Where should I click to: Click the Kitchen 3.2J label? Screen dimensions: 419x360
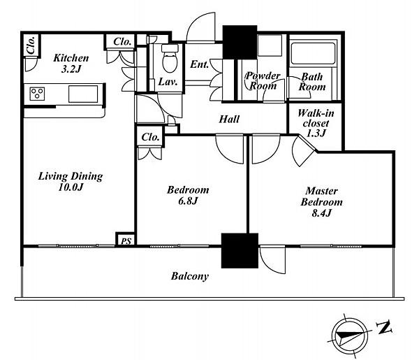click(71, 64)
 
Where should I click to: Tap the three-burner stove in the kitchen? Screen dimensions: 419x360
click(37, 94)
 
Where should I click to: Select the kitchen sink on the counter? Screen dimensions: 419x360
click(83, 94)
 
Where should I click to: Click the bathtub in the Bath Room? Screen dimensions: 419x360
click(313, 53)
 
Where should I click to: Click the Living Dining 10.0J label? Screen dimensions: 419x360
click(71, 182)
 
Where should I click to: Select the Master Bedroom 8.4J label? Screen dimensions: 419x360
click(321, 202)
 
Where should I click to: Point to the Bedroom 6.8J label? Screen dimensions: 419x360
click(188, 195)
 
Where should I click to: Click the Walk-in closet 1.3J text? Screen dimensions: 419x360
click(316, 123)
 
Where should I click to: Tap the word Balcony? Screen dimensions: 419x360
click(190, 276)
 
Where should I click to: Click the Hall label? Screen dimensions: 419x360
click(229, 119)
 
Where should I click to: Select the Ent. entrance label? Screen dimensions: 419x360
click(199, 64)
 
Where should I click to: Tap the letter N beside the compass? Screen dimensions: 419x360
click(384, 327)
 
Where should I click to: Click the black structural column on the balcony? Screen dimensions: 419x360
click(240, 251)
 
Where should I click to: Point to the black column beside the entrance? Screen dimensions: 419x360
click(240, 42)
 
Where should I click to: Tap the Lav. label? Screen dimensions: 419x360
click(168, 82)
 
